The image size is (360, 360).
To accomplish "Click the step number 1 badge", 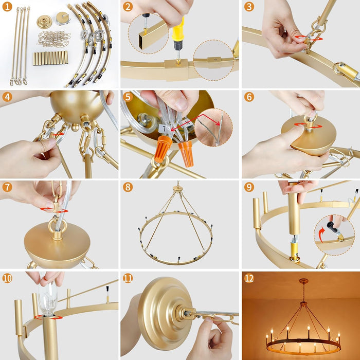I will tap(7, 7).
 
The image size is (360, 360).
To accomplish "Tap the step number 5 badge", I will tap(128, 97).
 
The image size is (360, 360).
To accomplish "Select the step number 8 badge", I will tap(128, 187).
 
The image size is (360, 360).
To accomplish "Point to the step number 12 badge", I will tap(249, 278).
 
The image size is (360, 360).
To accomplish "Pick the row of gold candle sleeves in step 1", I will tap(50, 58).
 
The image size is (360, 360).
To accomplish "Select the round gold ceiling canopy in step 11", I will tap(159, 313).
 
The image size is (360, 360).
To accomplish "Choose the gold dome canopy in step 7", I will tap(57, 244).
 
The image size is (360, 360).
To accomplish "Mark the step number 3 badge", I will tap(249, 7).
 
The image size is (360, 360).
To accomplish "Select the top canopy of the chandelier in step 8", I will tap(177, 189).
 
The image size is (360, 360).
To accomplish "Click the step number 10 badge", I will tap(7, 278).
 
